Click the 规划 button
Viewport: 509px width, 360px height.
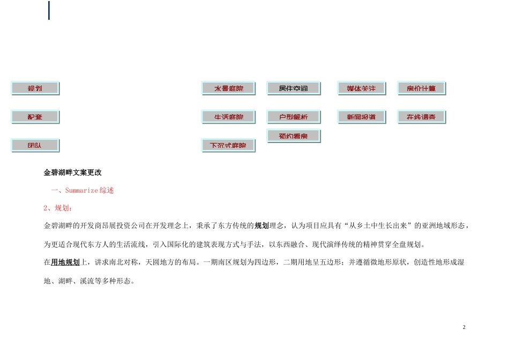pos(35,88)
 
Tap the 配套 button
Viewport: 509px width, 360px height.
pos(35,117)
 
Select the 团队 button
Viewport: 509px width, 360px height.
pos(35,145)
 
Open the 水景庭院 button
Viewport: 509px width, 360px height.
pos(228,88)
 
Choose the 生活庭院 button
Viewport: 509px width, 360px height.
pos(228,117)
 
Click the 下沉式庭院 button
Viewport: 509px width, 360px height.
pos(228,145)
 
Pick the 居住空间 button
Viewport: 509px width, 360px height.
pos(293,88)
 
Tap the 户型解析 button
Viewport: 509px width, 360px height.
pos(293,117)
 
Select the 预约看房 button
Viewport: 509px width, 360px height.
pos(293,136)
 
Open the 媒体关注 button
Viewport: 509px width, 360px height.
pos(361,88)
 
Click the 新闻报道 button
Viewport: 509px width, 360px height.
pos(361,117)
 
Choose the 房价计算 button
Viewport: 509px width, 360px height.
pos(421,88)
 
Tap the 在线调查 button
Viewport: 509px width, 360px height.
pos(421,117)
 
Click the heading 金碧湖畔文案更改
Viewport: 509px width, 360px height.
pos(72,172)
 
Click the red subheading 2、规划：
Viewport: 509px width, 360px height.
pos(58,208)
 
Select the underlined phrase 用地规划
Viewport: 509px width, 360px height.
pos(65,262)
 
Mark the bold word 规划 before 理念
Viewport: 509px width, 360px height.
pos(261,226)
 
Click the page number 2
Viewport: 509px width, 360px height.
pos(464,327)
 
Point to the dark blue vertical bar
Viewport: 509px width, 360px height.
pos(49,10)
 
